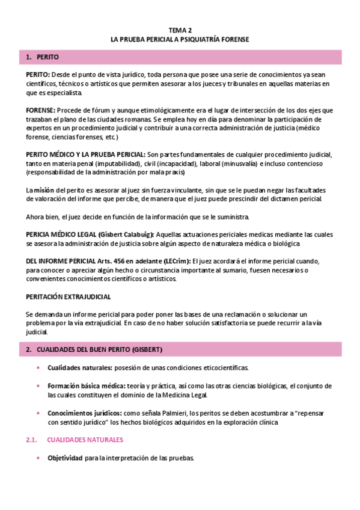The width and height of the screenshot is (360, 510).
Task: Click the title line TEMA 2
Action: tap(180, 29)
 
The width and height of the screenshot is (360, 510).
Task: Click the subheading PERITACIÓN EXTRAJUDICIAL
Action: tap(69, 297)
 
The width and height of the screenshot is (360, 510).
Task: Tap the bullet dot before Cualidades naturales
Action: tap(39, 367)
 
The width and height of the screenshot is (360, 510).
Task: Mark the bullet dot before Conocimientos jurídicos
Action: tap(39, 413)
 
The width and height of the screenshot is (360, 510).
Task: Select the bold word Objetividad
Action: tap(65, 458)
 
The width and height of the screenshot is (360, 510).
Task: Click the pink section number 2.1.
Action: tap(32, 440)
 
